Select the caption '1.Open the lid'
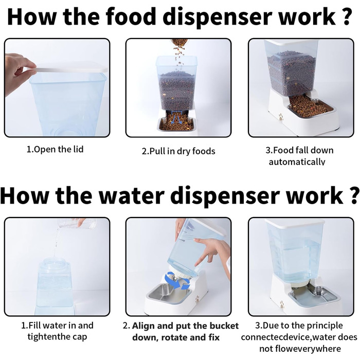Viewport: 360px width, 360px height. [x=55, y=149]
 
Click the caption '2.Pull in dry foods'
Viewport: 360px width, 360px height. [x=178, y=151]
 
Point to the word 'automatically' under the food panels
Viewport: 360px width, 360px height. [x=297, y=162]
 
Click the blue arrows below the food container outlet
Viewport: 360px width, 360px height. [x=177, y=118]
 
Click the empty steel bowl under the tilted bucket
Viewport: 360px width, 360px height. [x=169, y=294]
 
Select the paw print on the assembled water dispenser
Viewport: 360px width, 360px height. [x=282, y=305]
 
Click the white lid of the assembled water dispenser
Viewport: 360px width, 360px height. [x=295, y=223]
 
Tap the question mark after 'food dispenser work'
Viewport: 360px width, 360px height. [x=346, y=16]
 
